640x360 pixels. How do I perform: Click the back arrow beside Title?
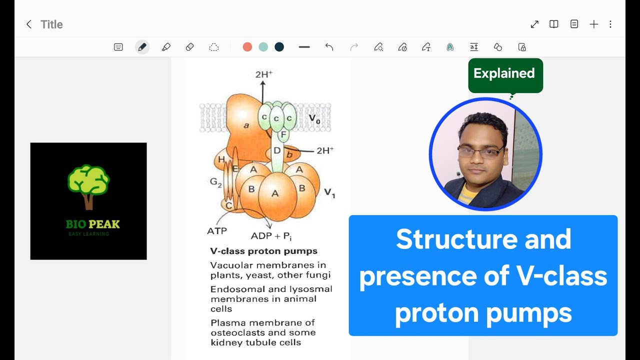[29, 24]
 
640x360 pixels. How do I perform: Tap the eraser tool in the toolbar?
[189, 47]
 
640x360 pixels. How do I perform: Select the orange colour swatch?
[247, 47]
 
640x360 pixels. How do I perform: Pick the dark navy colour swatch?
[279, 47]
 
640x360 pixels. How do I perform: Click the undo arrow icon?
[329, 47]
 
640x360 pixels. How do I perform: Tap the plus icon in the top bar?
[593, 24]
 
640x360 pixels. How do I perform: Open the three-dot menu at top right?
[610, 24]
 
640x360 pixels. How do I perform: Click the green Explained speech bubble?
[505, 74]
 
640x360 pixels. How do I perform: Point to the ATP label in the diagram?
[217, 231]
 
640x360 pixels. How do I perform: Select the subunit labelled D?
[277, 150]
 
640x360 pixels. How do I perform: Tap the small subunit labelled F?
[283, 134]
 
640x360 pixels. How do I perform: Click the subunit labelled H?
[221, 159]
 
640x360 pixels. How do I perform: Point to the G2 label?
[215, 182]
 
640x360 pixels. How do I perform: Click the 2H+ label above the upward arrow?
[263, 74]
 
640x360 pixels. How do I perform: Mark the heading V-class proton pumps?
[263, 251]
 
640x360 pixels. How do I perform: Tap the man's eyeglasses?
[481, 152]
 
